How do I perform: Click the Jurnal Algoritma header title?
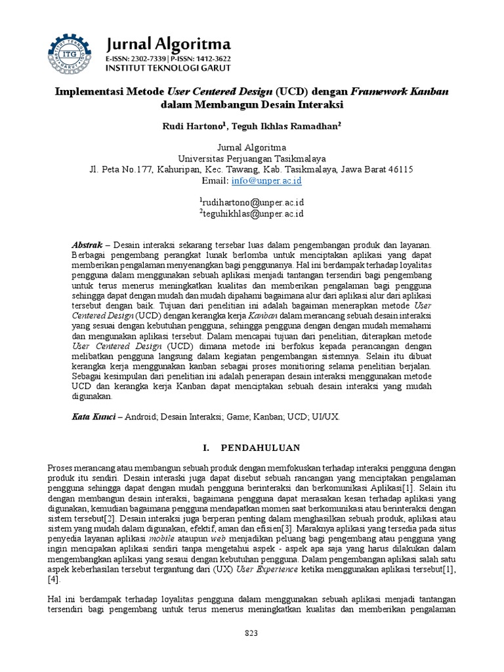coord(169,44)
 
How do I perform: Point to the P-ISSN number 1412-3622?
coord(211,59)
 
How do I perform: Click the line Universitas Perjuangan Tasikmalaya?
coord(251,158)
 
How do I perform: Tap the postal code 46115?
coord(400,169)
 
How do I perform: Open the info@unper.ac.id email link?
coord(271,180)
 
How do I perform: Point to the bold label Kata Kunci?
coord(93,417)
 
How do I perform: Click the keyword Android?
coord(140,417)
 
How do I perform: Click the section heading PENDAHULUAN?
coord(261,448)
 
